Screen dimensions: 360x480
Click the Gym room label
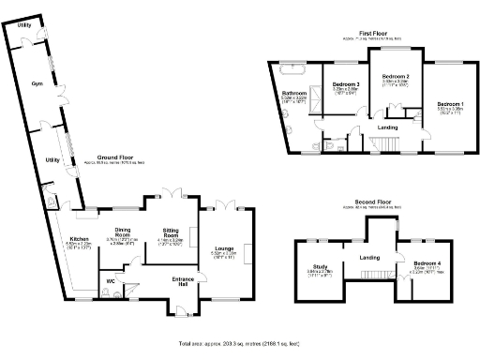click(37, 69)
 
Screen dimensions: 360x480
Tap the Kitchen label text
click(78, 239)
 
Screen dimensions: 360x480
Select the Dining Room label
click(123, 230)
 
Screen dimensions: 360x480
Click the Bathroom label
click(295, 94)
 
